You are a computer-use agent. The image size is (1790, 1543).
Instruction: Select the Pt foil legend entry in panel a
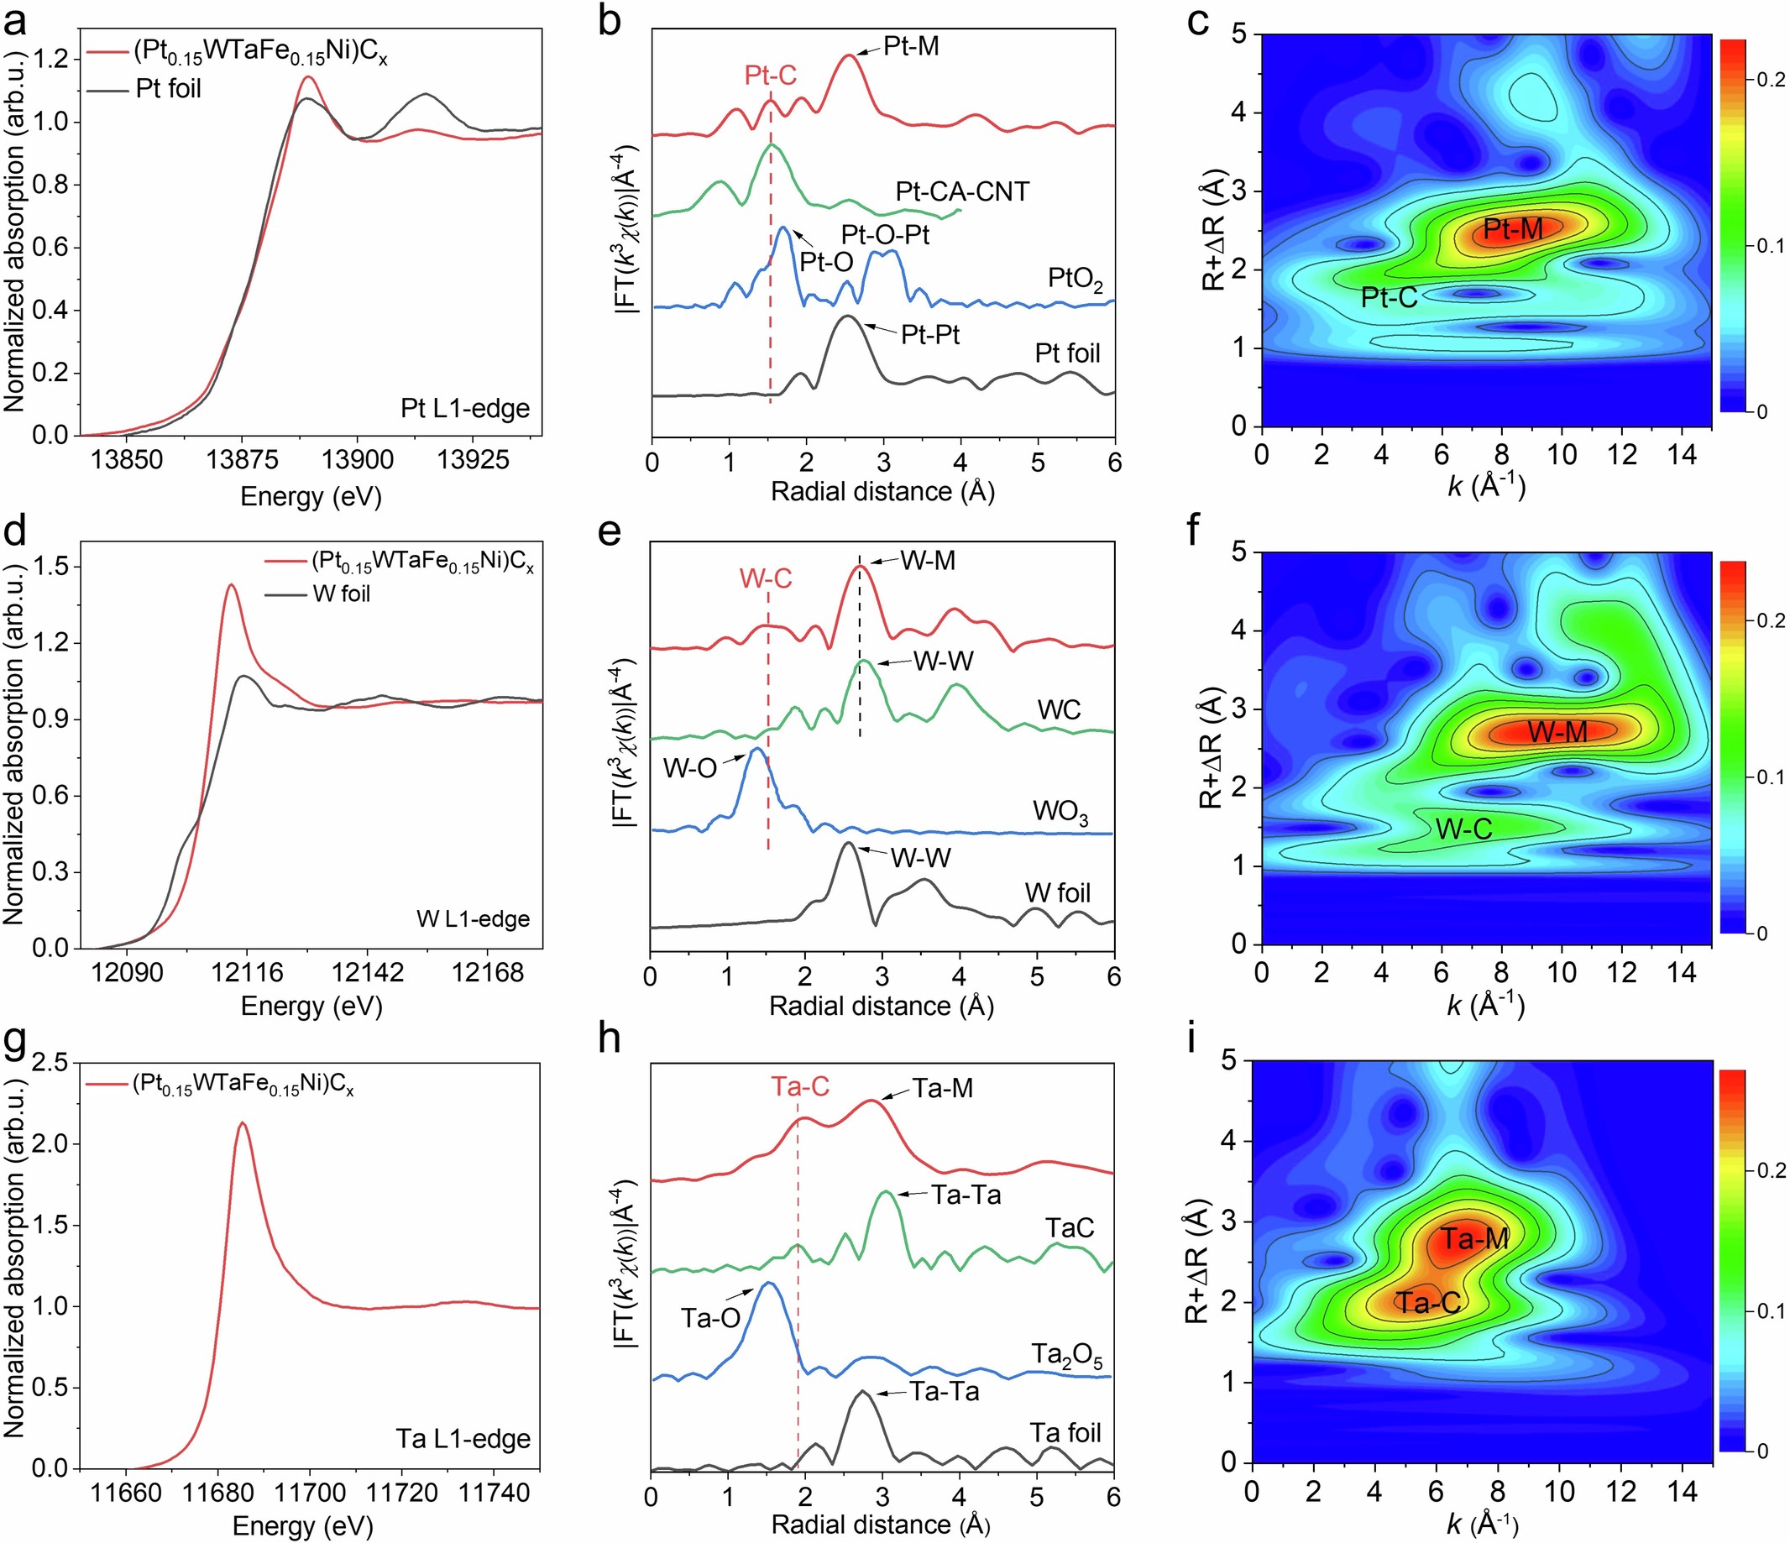(169, 89)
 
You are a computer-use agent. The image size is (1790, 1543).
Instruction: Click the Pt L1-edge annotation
(465, 408)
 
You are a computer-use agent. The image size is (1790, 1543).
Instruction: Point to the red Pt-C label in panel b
(771, 76)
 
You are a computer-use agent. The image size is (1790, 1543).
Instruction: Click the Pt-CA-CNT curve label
(962, 191)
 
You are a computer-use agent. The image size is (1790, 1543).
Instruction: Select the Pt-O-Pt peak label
(886, 235)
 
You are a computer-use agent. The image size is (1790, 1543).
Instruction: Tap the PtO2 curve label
(1075, 280)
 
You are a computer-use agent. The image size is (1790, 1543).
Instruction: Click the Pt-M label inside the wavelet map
(1512, 229)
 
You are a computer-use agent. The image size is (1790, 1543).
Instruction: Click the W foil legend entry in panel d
(341, 594)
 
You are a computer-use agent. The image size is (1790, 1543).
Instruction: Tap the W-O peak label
(689, 768)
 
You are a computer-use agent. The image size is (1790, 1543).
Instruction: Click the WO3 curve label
(1060, 813)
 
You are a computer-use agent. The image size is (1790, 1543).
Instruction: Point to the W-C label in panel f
(1463, 829)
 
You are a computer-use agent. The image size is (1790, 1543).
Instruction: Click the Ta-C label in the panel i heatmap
(1427, 1303)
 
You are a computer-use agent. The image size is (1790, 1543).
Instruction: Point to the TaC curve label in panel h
(1070, 1227)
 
